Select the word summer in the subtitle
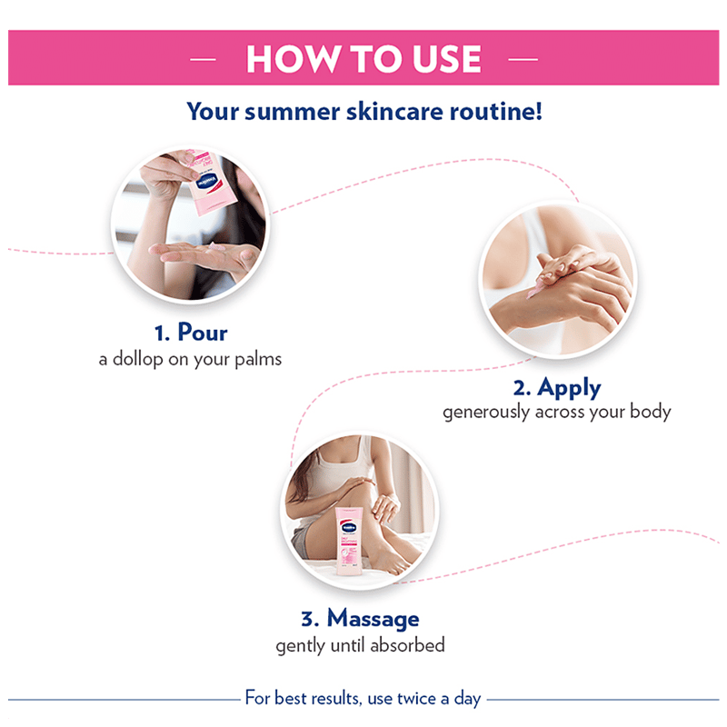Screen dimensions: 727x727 [x=292, y=112]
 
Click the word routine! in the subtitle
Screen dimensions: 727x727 [x=495, y=112]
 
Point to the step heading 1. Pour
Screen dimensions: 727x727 [x=191, y=333]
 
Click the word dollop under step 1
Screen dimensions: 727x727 [x=137, y=359]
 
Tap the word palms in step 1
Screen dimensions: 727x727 [x=258, y=359]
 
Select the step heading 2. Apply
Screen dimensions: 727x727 [x=557, y=388]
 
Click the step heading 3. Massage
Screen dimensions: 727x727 [x=360, y=618]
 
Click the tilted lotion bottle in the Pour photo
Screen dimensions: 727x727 [x=211, y=183]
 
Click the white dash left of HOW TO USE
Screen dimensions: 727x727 [x=203, y=59]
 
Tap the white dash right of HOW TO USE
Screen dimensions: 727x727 [x=523, y=59]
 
